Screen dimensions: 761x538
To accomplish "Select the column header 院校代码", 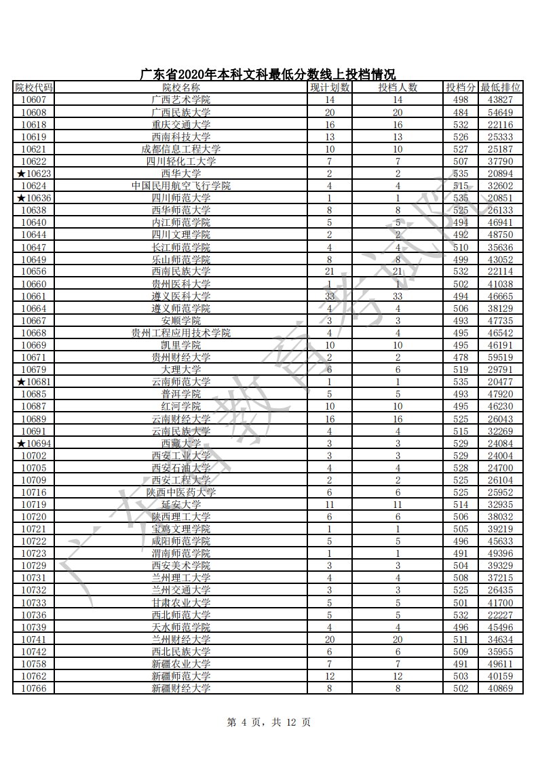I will pos(33,87).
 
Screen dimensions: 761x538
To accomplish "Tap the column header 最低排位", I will pos(501,87).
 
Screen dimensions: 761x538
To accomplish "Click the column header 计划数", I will pos(330,87).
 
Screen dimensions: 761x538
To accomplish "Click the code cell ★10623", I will pos(33,174).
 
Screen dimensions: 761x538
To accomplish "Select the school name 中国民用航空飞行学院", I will pos(181,186).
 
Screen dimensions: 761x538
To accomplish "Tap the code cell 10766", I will pos(33,688).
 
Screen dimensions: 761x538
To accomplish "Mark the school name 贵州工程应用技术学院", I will pos(181,333).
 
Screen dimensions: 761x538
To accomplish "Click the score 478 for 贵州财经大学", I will pos(461,357).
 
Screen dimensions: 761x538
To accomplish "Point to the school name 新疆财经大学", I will pos(181,688).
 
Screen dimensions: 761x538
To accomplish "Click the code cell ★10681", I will pos(33,382).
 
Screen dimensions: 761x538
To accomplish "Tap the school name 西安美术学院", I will pos(181,566).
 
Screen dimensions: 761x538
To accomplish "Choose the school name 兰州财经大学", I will pos(181,640).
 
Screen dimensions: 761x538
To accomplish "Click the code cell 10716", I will pos(33,492).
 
